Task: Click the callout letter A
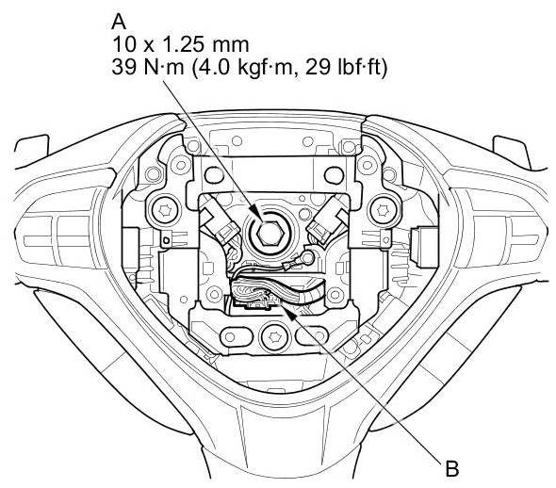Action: [119, 22]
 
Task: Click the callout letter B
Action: [451, 468]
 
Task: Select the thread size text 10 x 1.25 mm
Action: [181, 44]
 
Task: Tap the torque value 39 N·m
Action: [148, 67]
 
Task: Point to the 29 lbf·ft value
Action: [346, 67]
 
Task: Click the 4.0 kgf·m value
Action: [245, 67]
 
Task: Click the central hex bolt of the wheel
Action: [270, 234]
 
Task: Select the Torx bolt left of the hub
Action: [164, 211]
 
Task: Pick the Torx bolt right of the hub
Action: [382, 211]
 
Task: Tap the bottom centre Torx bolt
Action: [273, 335]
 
